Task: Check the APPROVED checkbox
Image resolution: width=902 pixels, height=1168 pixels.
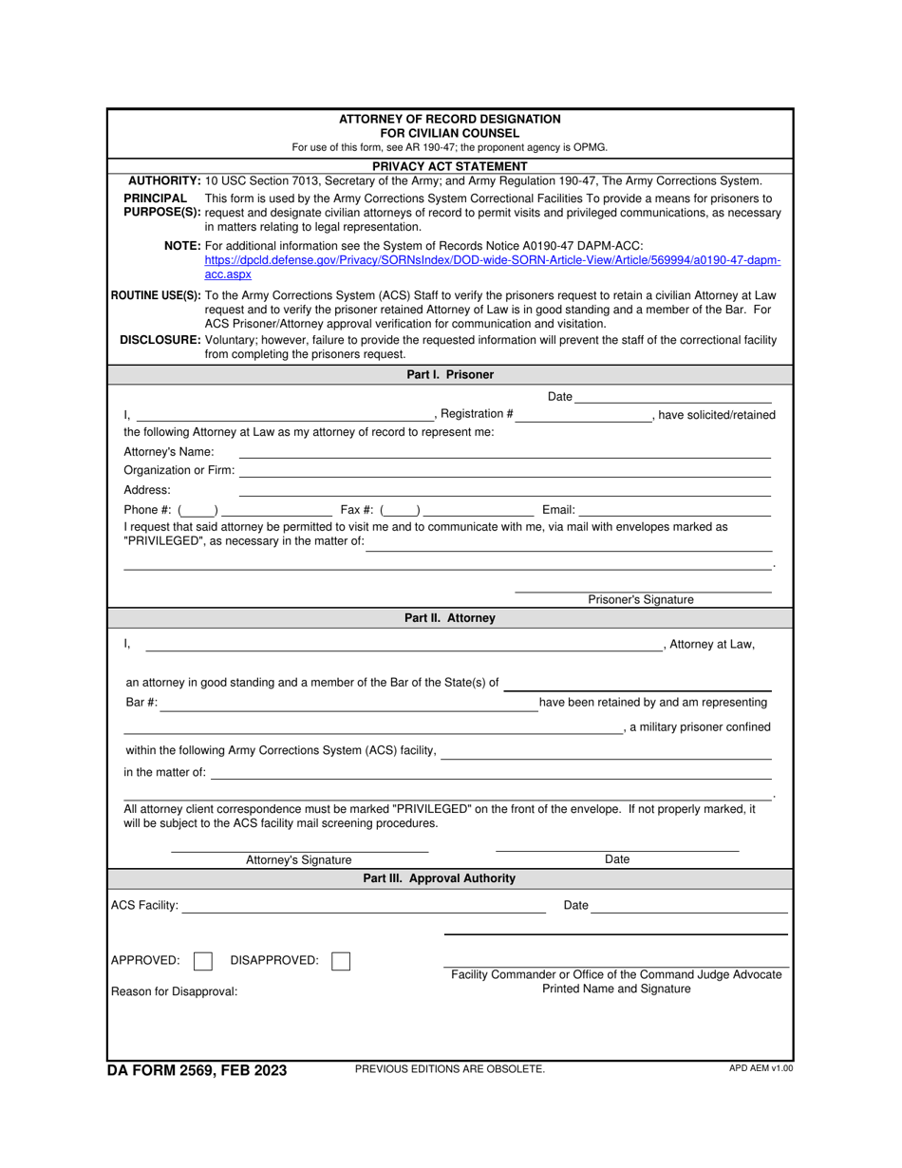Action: tap(202, 961)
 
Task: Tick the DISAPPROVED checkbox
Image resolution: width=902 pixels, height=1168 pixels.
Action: tap(341, 961)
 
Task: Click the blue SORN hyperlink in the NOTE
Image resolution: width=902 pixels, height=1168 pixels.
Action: tap(493, 259)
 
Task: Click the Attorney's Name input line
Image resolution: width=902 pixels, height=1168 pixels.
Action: tap(504, 452)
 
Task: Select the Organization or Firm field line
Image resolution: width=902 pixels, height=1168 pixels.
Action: tap(504, 471)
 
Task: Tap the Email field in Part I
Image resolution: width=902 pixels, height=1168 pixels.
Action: tap(675, 511)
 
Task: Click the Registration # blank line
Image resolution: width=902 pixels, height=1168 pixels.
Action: tap(584, 415)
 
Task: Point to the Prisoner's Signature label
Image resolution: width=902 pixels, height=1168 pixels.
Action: tap(641, 600)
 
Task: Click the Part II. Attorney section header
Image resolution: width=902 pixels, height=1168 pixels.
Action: tap(450, 618)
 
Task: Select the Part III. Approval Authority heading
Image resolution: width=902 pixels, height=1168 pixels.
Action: tap(440, 878)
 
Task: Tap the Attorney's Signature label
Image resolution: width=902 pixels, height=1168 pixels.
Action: tap(298, 860)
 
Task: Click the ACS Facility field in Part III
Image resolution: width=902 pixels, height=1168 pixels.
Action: tap(364, 907)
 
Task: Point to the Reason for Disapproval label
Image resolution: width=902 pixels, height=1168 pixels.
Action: tap(175, 992)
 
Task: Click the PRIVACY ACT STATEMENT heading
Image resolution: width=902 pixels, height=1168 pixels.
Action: tap(450, 166)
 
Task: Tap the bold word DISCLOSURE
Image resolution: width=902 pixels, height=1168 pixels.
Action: tap(160, 340)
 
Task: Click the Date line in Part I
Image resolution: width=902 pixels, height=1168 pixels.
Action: tap(673, 397)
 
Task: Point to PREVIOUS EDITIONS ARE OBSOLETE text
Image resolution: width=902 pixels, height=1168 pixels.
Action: tap(450, 1069)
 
